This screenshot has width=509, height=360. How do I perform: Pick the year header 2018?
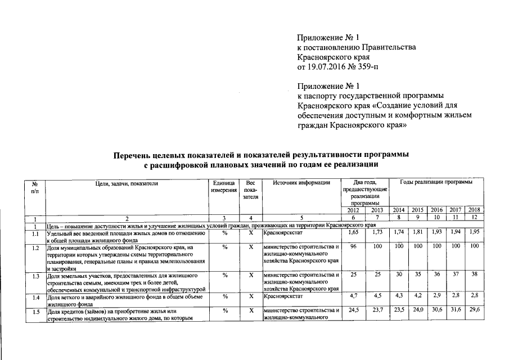474,210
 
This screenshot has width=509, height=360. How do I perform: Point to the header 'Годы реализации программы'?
436,183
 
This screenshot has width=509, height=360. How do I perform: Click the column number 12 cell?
474,218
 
